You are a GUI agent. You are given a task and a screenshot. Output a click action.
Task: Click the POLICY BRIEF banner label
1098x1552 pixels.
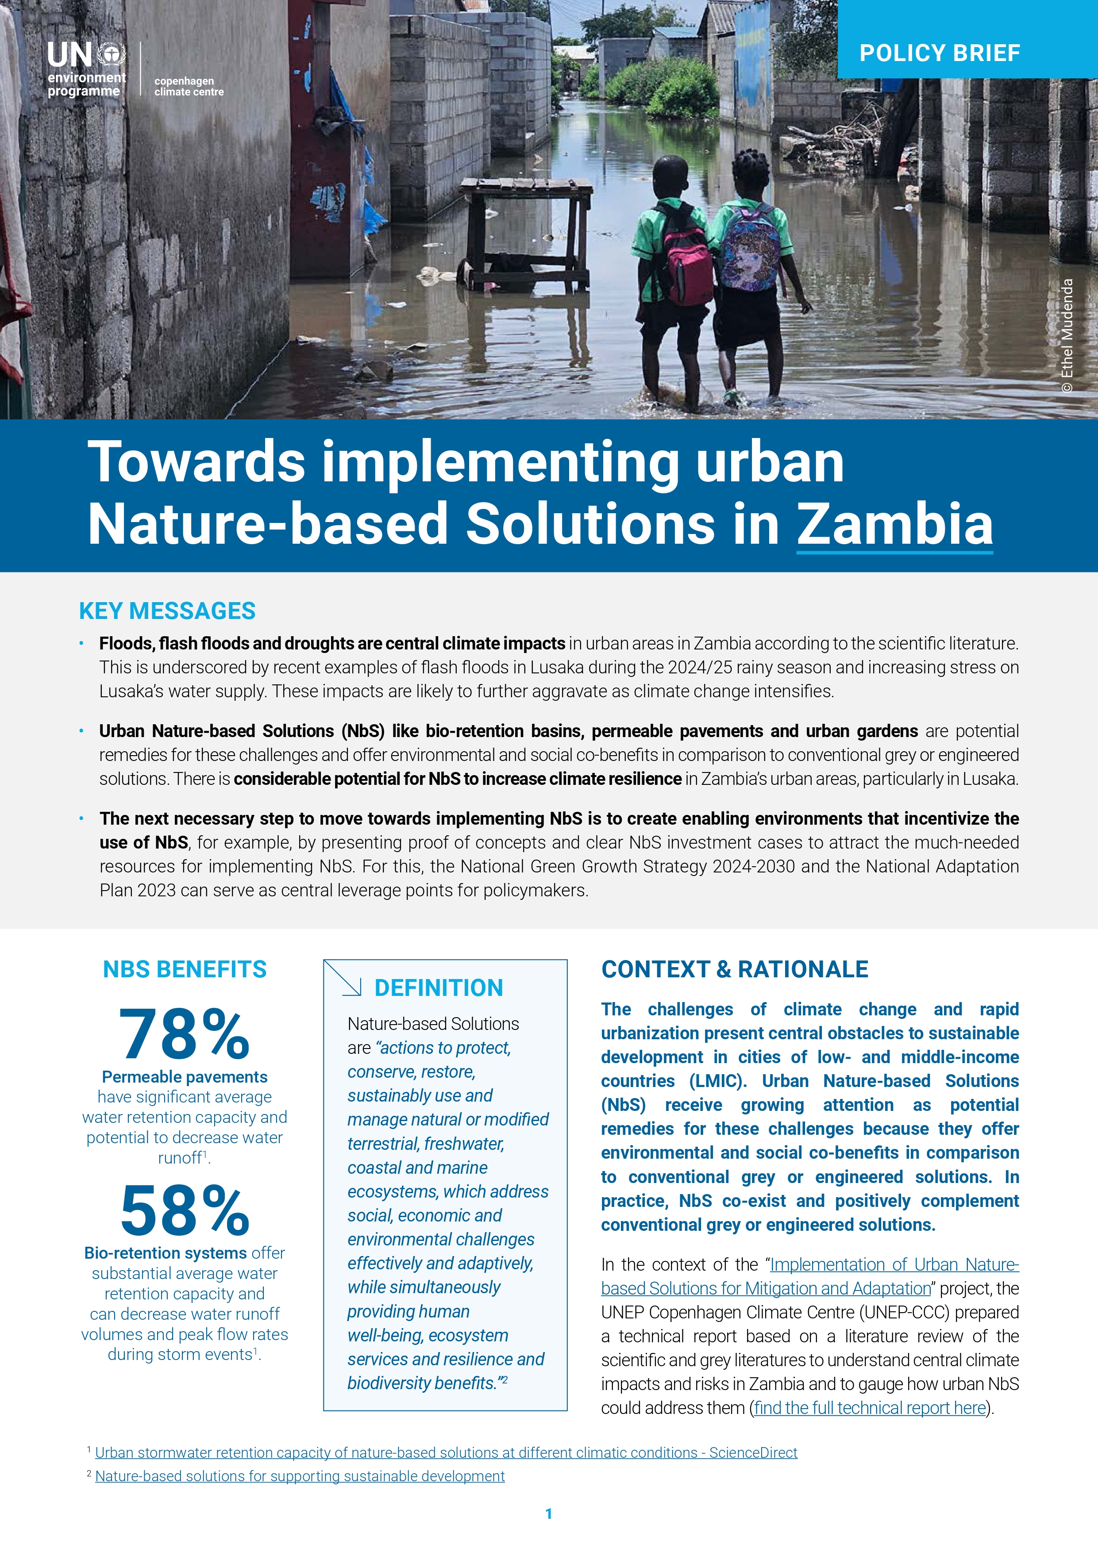coord(939,53)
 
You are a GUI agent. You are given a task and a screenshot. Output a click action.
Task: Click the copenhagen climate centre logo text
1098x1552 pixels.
coord(189,86)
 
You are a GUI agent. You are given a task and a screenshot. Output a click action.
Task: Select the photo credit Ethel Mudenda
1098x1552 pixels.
coord(1067,334)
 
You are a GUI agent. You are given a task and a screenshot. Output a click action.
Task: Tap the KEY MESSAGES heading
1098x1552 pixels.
coord(167,611)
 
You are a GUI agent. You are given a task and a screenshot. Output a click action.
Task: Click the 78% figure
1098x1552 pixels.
coord(185,1034)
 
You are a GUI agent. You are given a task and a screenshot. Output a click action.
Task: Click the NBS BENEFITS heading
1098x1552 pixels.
coord(185,969)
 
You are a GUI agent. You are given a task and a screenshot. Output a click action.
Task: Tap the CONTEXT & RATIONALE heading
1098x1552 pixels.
coord(734,969)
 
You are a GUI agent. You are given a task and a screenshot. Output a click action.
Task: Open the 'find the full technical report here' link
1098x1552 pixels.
coord(870,1408)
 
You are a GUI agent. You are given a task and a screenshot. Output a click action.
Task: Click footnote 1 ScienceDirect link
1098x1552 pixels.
coord(446,1452)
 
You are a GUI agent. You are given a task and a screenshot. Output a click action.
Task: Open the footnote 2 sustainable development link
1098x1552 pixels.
coord(300,1476)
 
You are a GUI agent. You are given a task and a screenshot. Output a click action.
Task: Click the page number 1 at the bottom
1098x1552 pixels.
coord(549,1514)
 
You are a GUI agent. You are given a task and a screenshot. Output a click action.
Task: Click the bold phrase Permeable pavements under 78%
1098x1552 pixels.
coord(185,1077)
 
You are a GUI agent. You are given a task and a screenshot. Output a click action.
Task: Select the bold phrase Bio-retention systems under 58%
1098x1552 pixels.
coord(165,1253)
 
